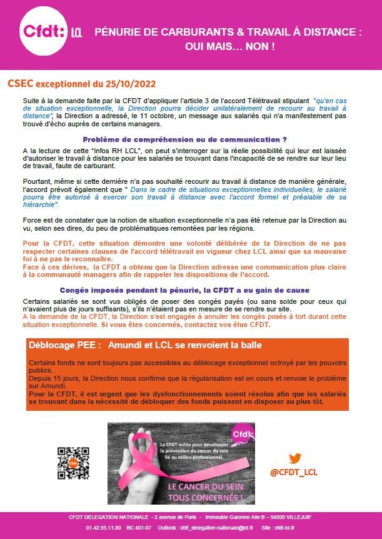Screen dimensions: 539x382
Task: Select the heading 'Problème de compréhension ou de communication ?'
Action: (184, 139)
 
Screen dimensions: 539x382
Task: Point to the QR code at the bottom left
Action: (71, 463)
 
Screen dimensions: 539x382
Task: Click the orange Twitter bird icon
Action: (295, 459)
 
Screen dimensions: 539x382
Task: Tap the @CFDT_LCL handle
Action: (294, 472)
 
